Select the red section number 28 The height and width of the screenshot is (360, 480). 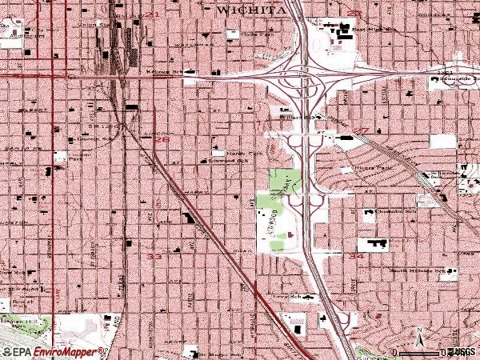click(x=162, y=139)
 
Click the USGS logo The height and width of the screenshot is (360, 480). click(x=461, y=351)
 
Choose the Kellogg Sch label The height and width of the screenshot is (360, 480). click(x=181, y=72)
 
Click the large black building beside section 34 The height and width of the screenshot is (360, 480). click(x=374, y=244)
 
